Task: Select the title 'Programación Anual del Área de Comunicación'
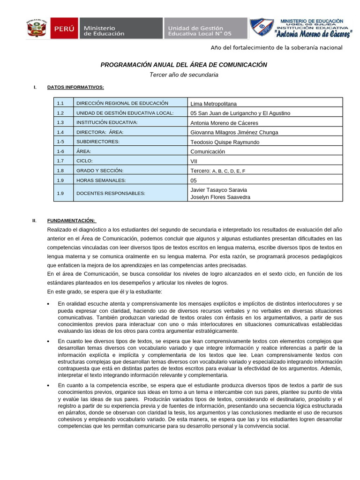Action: click(184, 65)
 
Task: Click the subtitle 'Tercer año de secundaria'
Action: click(184, 75)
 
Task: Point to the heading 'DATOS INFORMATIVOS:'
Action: click(75, 87)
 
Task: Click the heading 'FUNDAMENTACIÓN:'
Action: click(71, 220)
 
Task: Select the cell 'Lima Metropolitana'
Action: click(214, 104)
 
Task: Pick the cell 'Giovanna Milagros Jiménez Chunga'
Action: click(234, 132)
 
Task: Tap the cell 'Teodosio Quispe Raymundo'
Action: click(225, 142)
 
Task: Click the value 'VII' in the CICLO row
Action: click(195, 161)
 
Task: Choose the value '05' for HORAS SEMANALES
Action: click(194, 180)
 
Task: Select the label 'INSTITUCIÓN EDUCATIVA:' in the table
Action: click(107, 122)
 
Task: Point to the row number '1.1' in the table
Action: click(60, 103)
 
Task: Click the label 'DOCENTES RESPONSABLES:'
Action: click(111, 193)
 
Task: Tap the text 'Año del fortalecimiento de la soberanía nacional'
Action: click(277, 48)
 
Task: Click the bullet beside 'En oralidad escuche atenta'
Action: click(49, 304)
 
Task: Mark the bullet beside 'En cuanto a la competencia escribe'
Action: click(49, 385)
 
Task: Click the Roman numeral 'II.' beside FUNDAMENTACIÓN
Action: click(34, 220)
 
